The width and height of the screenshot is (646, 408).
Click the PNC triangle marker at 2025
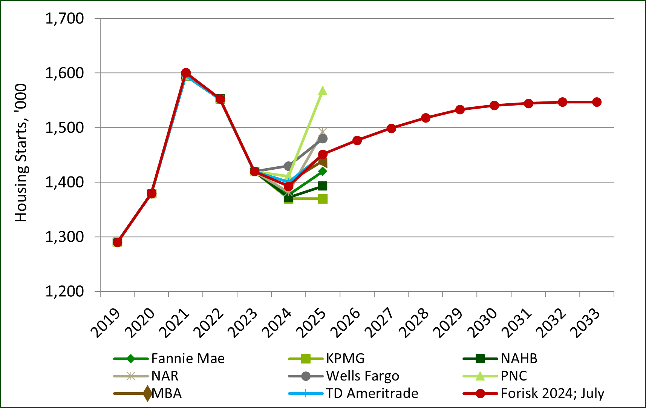point(323,91)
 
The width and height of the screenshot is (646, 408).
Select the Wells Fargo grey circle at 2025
point(323,139)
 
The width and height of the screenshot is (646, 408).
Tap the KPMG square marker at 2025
point(323,199)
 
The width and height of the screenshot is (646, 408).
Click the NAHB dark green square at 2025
point(323,186)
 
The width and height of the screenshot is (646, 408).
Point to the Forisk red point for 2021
point(186,73)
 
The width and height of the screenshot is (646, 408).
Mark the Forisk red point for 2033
point(597,102)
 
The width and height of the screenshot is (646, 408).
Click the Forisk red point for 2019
point(117,242)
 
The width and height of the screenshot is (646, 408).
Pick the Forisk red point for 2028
point(426,118)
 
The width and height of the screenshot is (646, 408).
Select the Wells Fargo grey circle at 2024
point(288,166)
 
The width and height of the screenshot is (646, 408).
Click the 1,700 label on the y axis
point(64,18)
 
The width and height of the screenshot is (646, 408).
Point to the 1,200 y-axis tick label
point(64,291)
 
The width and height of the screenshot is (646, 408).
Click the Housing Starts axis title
point(21,153)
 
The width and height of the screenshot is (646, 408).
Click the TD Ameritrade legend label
point(372,393)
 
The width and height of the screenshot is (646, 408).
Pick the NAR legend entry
point(165,376)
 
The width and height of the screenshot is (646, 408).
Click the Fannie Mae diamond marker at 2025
point(323,171)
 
